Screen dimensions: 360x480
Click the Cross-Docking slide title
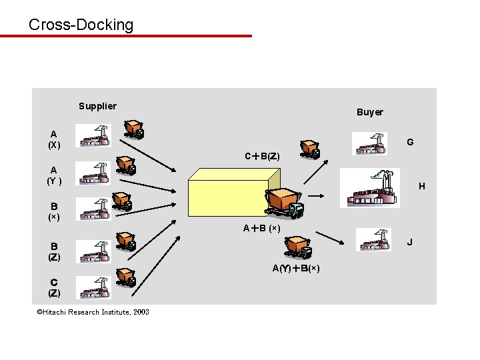coord(81,25)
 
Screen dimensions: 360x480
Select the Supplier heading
coord(97,106)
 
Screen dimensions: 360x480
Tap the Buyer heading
coord(369,112)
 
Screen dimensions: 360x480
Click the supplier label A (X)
coord(54,139)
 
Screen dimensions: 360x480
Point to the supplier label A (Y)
coord(54,175)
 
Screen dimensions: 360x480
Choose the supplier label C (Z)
coord(54,287)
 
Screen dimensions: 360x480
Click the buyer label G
coord(410,142)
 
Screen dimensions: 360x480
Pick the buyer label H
coord(421,186)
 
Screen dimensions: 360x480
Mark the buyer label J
coord(410,241)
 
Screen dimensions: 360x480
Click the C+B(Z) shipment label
coord(262,157)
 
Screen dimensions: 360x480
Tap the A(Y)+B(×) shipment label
coord(296,269)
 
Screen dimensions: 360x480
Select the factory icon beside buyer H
coord(370,189)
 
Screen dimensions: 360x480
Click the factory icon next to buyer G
coord(369,143)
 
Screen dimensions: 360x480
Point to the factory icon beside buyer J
coord(373,240)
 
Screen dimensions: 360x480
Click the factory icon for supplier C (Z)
coord(93,288)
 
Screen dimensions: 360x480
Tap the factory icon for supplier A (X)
coord(94,136)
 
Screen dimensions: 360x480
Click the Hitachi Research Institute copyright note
coord(93,312)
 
